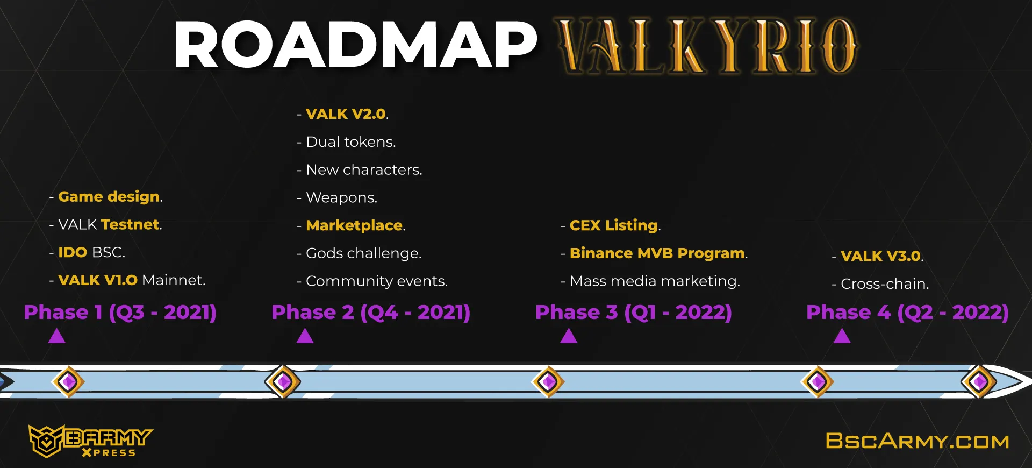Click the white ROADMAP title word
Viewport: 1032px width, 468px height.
tap(356, 45)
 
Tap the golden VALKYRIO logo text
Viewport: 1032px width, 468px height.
tap(707, 46)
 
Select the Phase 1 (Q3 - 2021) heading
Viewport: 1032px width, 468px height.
tap(120, 313)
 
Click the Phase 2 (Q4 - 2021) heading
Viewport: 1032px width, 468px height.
tap(371, 313)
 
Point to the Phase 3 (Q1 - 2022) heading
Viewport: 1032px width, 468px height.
tap(634, 313)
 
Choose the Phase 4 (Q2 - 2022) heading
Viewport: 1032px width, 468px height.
tap(908, 313)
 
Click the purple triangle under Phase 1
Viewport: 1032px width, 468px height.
tap(57, 336)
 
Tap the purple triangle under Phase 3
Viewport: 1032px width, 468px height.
tap(569, 336)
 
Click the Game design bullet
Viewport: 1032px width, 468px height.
tap(106, 197)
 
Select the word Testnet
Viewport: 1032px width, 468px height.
tap(131, 224)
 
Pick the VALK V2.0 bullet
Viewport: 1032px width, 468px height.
tap(342, 114)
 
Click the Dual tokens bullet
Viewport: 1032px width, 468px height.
tap(346, 142)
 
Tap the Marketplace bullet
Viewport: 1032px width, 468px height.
tap(351, 225)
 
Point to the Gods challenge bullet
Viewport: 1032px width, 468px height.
tap(359, 253)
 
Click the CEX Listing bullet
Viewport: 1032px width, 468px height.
tap(611, 225)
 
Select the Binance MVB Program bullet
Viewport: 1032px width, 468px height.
tap(654, 253)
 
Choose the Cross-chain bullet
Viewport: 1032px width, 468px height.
tap(880, 284)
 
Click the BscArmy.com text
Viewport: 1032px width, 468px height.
tap(918, 441)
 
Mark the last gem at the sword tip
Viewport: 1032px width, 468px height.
tap(978, 381)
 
